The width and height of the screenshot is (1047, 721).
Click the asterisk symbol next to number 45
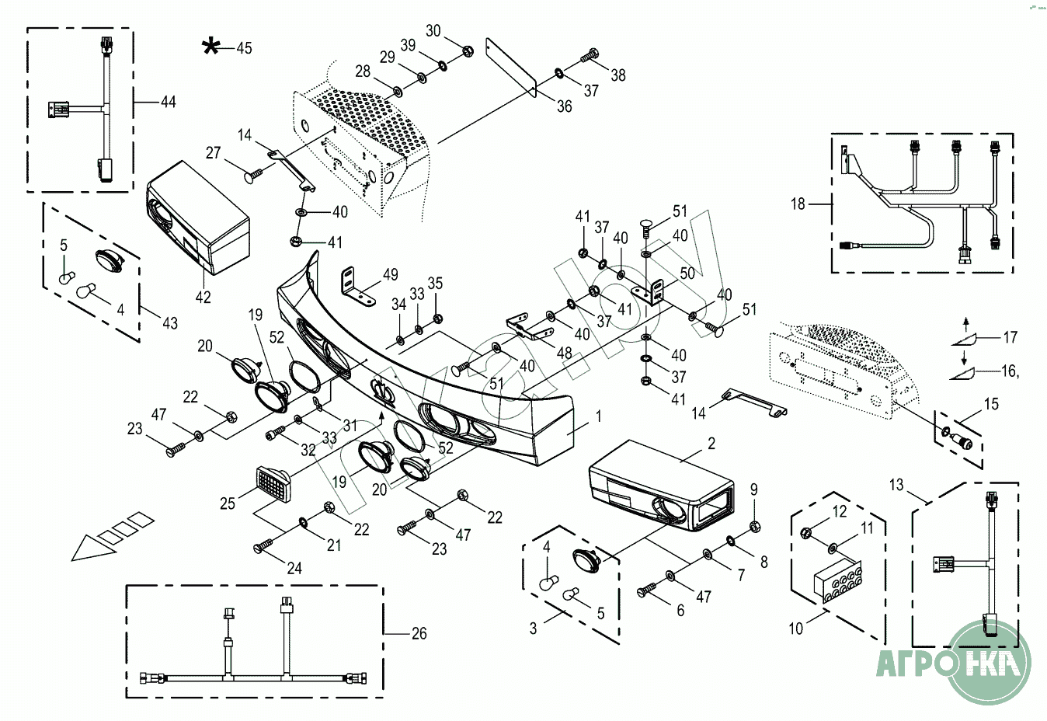coord(210,47)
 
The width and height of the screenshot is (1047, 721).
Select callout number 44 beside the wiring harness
coord(168,102)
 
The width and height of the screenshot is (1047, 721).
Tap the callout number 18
coord(798,204)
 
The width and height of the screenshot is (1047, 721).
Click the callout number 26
coord(419,634)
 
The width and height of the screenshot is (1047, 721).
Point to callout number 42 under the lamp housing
coord(203,297)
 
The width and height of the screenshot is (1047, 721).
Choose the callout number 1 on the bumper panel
coord(598,416)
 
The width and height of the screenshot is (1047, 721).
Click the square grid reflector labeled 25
coord(272,484)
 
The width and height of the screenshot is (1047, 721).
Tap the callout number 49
coord(391,273)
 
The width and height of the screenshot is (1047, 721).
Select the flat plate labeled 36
coord(511,67)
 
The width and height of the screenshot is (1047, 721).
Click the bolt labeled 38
coord(590,55)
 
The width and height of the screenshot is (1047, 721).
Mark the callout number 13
coord(896,485)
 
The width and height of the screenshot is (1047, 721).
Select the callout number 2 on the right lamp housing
coord(711,444)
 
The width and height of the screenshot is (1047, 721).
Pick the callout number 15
coord(991,404)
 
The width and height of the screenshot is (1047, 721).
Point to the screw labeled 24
coord(265,546)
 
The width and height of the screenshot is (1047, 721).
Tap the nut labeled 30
coord(468,51)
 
